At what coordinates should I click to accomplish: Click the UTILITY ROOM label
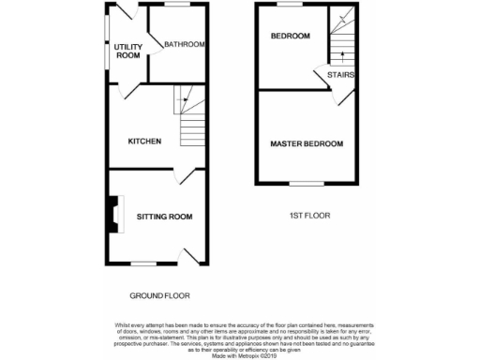point(127,51)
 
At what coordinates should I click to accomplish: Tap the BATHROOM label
point(184,44)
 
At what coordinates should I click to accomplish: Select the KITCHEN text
point(145,142)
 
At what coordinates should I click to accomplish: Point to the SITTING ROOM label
point(164,217)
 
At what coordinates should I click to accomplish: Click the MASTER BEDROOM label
point(307,143)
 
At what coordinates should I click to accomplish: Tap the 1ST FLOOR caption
point(308,216)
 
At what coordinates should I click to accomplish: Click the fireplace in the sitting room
point(113,213)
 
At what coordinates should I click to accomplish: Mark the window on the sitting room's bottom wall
point(142,262)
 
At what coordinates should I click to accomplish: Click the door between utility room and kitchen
point(125,91)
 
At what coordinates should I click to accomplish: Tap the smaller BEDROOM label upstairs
point(290,37)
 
